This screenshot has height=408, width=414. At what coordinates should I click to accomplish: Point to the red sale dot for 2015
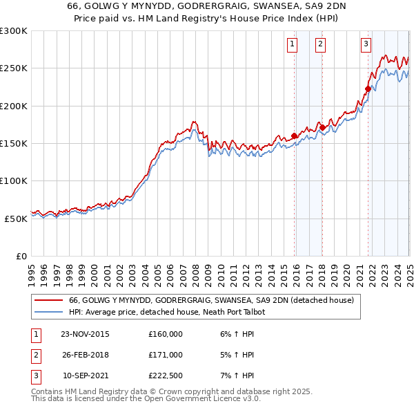(x=295, y=136)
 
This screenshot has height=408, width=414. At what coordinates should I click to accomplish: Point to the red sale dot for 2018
(x=322, y=127)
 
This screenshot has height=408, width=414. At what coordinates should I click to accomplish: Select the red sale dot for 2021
(x=368, y=89)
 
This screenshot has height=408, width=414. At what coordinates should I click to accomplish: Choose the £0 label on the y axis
(x=21, y=256)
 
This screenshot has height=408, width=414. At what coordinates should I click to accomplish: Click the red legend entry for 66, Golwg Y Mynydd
(x=211, y=300)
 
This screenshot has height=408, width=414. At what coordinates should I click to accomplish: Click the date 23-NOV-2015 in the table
(x=86, y=334)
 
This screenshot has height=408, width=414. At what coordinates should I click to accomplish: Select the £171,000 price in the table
(x=166, y=355)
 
